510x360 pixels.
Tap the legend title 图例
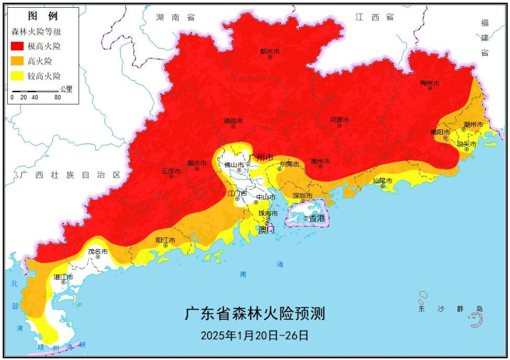43,16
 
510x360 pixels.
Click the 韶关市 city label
270,51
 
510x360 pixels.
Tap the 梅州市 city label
430,83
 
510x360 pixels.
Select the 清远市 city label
233,121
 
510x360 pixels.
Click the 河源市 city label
339,120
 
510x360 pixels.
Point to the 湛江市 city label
64,277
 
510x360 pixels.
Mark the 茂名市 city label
98,251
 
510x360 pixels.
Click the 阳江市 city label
165,240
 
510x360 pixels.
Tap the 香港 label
317,218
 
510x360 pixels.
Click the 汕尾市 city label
382,181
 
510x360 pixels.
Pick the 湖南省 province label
175,17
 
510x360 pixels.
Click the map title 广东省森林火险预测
255,314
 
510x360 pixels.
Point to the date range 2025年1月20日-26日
255,335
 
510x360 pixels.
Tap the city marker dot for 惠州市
320,167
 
